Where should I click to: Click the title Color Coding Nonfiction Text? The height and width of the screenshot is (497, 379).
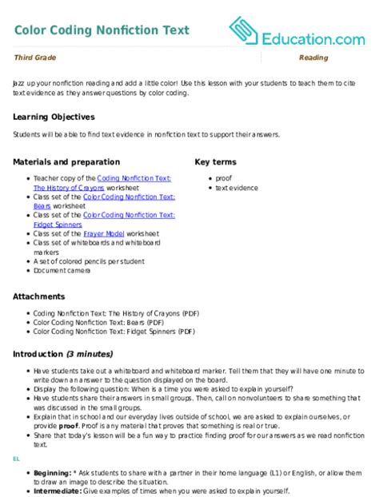[102, 30]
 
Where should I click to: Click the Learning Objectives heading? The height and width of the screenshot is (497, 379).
[54, 117]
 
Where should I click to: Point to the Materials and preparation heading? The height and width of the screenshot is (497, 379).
[66, 161]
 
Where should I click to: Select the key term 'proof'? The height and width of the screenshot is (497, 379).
[224, 177]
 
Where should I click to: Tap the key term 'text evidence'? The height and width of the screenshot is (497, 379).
[236, 188]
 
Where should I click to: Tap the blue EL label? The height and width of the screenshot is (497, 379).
[16, 460]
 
